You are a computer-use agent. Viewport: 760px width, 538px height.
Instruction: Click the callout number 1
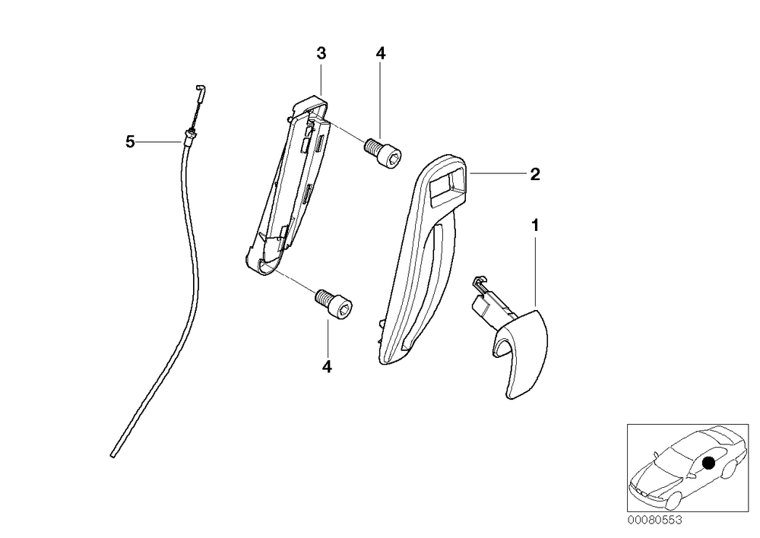pos(535,226)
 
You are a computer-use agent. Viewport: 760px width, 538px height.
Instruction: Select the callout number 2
pos(534,174)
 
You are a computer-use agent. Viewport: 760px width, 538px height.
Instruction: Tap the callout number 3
pos(321,53)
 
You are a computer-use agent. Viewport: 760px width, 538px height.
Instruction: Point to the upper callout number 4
pos(381,53)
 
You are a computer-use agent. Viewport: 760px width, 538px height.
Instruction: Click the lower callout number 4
pos(327,367)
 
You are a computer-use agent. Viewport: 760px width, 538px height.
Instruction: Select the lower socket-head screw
pos(334,304)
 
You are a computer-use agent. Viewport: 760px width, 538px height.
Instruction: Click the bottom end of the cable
pos(113,455)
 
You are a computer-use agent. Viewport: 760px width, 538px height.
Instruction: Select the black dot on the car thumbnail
pos(708,464)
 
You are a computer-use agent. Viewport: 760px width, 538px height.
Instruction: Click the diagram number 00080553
pos(655,520)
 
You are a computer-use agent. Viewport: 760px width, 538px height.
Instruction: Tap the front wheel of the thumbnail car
pos(671,498)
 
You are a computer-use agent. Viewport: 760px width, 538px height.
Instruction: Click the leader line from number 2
pos(499,173)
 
